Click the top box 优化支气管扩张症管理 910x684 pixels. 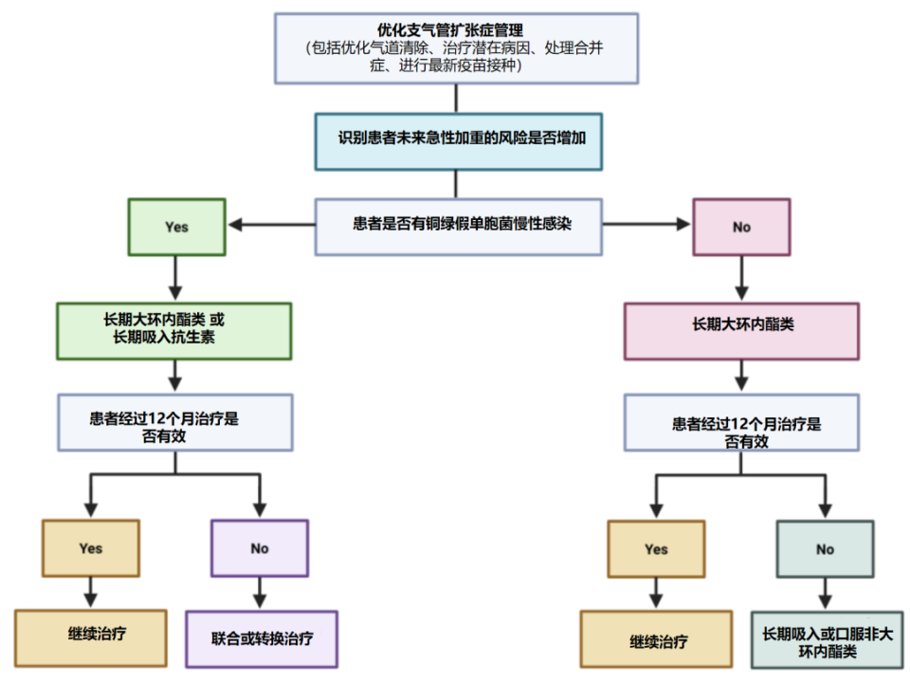(455, 47)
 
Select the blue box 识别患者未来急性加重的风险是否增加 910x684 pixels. (458, 141)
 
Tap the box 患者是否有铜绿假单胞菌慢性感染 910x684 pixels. (458, 227)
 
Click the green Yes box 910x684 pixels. (176, 227)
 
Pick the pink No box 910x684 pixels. (741, 227)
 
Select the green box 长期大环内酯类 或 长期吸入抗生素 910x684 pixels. (173, 330)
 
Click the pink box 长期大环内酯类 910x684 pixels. (741, 330)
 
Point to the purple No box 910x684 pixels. (260, 548)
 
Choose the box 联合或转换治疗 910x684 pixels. (263, 638)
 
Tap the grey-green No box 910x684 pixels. (825, 548)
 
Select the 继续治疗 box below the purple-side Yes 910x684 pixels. (91, 638)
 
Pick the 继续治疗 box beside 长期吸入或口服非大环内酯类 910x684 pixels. (656, 639)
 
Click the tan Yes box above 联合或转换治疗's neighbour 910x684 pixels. (91, 548)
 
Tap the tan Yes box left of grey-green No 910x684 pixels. (656, 548)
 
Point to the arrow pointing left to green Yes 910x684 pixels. (270, 226)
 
